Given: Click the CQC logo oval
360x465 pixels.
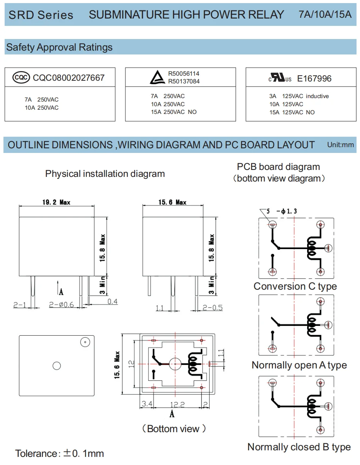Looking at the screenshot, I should coord(21,78).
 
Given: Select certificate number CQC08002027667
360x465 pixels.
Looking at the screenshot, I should coord(69,78).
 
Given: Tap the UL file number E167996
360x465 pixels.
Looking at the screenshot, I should coord(314,79).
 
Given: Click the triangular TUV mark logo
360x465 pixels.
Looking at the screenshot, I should coord(157,78).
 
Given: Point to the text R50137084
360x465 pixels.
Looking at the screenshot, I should coord(184,81).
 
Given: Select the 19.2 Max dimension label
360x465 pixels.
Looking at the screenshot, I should coord(56,202).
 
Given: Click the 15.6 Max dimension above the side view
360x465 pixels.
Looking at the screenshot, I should coord(172,202).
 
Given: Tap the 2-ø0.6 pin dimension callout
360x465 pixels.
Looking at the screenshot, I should coord(62,305).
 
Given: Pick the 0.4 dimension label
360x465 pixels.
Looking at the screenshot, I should coord(112,302).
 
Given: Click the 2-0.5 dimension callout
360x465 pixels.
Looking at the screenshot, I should coord(213,308).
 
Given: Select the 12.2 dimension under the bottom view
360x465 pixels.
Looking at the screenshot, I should coord(177,404).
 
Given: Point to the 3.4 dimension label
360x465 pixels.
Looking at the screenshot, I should coord(147,404).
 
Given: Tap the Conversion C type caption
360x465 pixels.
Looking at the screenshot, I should coord(295,287).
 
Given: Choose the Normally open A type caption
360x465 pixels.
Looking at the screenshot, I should coord(299,365).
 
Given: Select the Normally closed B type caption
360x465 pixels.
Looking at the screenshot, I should coord(299,447).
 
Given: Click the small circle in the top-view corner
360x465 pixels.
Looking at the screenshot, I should coord(84,342).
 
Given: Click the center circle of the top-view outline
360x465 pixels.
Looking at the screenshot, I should coord(57,365).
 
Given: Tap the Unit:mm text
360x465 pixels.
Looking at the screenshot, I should coord(340,145).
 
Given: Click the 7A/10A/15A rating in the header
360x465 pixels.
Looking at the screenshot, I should coord(325,15).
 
